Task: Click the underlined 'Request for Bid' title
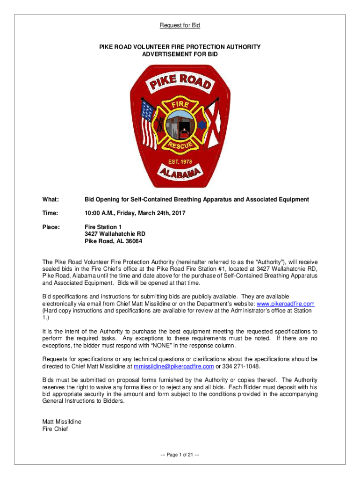click(180, 25)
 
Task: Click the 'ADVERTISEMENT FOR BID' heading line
click(180, 55)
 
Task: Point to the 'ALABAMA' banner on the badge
click(180, 177)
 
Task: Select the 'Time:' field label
click(50, 213)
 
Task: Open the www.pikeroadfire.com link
click(282, 304)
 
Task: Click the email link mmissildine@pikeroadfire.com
click(174, 366)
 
